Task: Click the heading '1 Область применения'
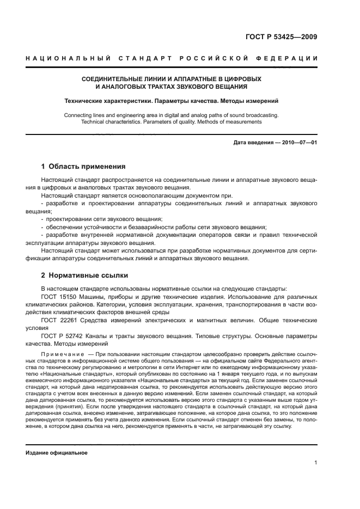pyautogui.click(x=83, y=167)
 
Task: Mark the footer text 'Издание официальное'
pyautogui.click(x=57, y=453)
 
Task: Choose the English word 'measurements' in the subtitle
pyautogui.click(x=244, y=122)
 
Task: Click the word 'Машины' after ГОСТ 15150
pyautogui.click(x=93, y=297)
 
